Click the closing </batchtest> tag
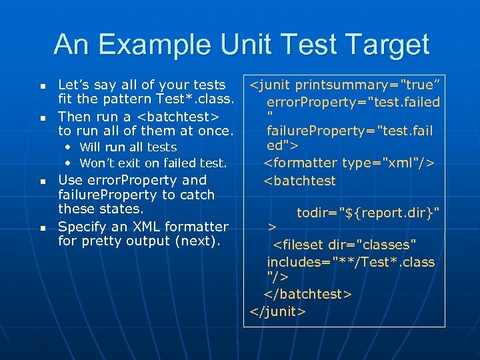pos(308,294)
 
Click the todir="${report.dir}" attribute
pos(368,213)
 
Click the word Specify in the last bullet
pos(81,226)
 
